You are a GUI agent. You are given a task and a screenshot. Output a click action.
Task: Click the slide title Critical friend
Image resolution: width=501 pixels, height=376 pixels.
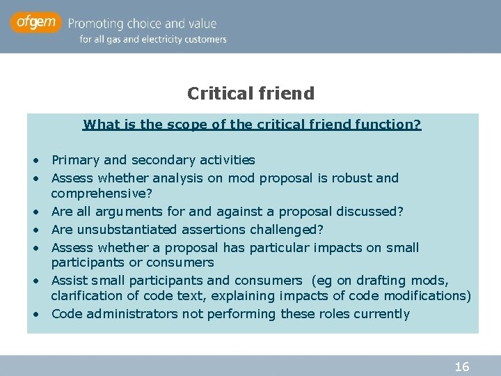(250, 93)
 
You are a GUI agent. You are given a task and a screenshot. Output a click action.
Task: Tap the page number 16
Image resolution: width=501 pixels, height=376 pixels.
(462, 366)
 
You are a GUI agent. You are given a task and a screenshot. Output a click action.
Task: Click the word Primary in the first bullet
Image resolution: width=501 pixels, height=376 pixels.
(76, 160)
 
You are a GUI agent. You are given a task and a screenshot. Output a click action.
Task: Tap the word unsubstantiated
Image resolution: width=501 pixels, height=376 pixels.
(131, 229)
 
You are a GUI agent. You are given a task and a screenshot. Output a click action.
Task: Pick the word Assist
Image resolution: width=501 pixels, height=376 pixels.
(68, 281)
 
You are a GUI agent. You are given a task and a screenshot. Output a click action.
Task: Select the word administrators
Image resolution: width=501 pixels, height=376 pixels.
(132, 314)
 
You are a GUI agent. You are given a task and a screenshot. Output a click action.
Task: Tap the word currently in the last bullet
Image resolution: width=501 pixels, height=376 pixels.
(381, 314)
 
